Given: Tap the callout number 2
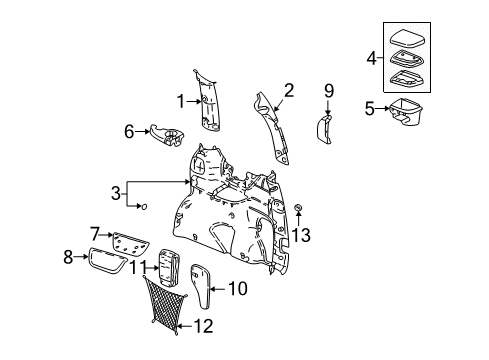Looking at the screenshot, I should pos(288,91).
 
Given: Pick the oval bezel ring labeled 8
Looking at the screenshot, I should pos(111,262).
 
